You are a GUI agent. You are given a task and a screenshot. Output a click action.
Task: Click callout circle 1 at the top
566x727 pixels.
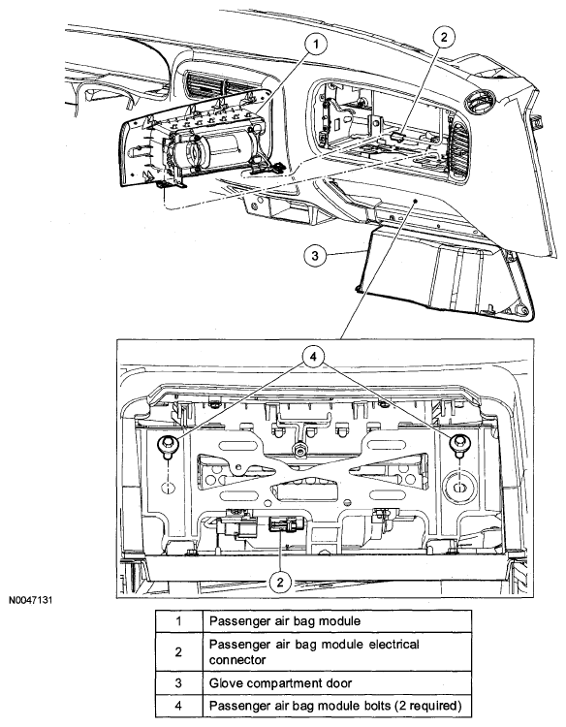click(316, 45)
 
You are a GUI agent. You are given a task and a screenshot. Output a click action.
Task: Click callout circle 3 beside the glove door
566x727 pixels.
click(315, 255)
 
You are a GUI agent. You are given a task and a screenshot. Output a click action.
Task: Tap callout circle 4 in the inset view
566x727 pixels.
click(313, 357)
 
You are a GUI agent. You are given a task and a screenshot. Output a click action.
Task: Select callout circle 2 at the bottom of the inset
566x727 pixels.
click(280, 582)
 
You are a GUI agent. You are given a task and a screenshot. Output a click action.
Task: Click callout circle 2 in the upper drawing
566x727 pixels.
click(444, 37)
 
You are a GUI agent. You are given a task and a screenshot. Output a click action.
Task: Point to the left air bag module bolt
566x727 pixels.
click(167, 446)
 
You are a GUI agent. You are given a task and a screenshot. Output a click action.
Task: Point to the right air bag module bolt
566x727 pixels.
click(459, 445)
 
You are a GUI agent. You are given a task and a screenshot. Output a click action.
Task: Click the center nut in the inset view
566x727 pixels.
click(299, 449)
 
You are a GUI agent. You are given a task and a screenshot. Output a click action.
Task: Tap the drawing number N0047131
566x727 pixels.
click(31, 600)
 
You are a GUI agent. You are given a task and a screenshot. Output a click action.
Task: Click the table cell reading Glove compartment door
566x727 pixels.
click(280, 683)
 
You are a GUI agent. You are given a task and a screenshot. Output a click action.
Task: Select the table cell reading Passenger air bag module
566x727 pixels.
click(285, 621)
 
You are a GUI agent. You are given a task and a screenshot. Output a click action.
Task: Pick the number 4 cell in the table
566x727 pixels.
click(178, 706)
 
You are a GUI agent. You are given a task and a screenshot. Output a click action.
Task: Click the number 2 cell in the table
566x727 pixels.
click(178, 652)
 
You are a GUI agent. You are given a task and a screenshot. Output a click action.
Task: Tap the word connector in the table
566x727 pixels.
click(237, 660)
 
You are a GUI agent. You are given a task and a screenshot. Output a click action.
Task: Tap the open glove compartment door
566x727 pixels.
click(445, 273)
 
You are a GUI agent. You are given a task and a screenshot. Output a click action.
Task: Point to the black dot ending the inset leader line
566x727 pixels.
click(416, 201)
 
